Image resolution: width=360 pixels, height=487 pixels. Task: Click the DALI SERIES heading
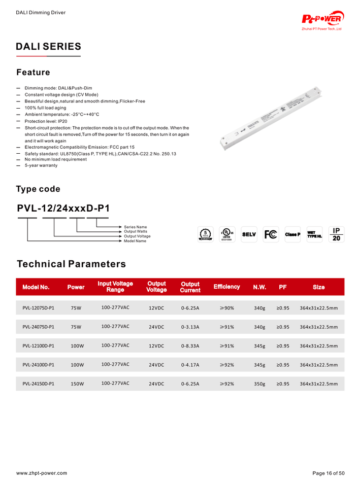[48, 47]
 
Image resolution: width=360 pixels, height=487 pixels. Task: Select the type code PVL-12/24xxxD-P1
[63, 208]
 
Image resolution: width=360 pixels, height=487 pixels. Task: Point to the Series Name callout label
[136, 227]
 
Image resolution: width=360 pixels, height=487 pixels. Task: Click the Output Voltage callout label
[137, 236]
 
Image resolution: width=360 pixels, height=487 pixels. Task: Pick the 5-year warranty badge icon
[205, 234]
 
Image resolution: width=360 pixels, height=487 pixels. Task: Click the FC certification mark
[271, 234]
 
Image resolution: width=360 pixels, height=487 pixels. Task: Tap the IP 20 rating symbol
[336, 234]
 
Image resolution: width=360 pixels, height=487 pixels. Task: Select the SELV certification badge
[249, 234]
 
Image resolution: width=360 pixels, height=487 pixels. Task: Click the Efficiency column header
[226, 287]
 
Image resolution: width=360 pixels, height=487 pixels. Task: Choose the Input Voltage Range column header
[115, 287]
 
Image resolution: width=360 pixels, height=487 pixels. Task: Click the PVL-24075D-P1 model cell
[39, 327]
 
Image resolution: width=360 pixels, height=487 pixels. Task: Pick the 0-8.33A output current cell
[190, 346]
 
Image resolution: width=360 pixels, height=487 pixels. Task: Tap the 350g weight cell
[259, 384]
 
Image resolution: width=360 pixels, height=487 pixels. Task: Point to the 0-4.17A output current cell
[190, 365]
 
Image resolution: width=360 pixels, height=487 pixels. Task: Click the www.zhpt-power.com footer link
[42, 473]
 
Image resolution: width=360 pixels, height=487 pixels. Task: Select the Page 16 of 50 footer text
[328, 473]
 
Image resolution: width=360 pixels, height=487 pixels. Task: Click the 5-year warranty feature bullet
[41, 165]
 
